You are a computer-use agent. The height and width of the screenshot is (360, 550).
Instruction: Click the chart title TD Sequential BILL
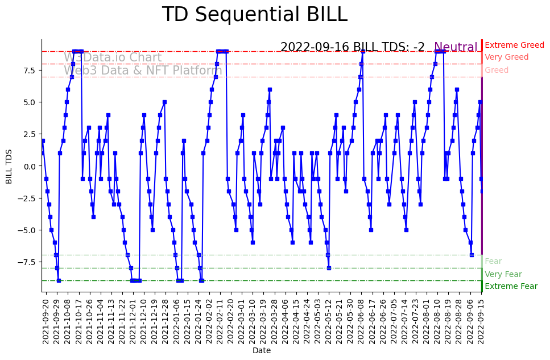254,15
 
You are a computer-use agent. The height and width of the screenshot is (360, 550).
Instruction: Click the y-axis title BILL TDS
9,165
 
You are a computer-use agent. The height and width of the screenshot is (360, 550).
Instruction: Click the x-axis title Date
262,351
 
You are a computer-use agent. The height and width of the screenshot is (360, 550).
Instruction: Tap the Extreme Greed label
514,45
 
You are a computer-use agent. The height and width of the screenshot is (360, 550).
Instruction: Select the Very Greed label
506,57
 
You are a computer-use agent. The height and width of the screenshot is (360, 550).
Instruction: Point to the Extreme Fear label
511,287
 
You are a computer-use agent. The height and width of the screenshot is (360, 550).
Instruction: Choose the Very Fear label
503,275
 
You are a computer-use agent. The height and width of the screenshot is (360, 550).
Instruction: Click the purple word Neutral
456,48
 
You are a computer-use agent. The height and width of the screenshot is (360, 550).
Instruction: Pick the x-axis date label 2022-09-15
481,321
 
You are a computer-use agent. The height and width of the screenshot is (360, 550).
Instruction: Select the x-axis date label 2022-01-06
176,321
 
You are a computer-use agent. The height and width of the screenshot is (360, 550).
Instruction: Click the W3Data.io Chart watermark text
113,58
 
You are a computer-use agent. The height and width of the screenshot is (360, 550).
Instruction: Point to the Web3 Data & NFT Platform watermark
142,71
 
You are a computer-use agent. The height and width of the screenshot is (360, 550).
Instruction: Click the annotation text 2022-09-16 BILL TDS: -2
353,48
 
